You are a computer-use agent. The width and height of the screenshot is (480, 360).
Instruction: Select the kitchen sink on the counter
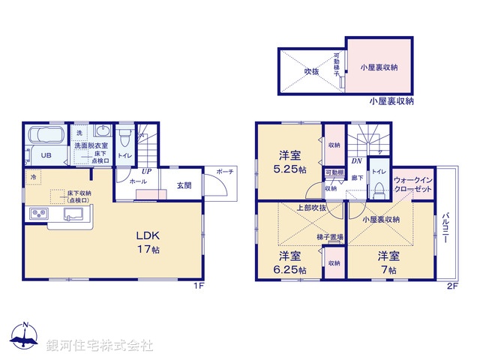[73, 216]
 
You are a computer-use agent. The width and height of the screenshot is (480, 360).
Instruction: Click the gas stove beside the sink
[37, 216]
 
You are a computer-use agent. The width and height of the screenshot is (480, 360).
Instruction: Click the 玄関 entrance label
[184, 185]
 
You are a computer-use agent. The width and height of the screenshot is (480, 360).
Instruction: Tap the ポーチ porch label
[225, 172]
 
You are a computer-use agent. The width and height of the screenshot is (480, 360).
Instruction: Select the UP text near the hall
[148, 171]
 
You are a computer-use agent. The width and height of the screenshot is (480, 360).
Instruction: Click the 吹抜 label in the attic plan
[312, 72]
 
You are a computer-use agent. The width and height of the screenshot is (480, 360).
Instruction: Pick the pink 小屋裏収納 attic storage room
[378, 67]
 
